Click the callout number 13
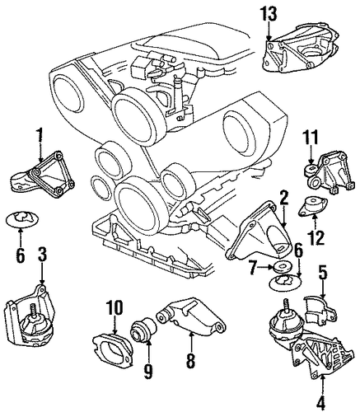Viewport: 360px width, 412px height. [269, 14]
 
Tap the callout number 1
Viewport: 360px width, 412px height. [40, 135]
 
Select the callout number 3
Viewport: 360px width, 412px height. [42, 255]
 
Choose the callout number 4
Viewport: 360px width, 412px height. [320, 402]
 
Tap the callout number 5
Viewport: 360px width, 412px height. [323, 273]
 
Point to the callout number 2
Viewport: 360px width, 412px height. [283, 199]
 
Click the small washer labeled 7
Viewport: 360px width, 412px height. [279, 267]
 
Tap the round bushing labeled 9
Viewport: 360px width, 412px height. [144, 330]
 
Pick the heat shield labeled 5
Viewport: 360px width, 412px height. [320, 309]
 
